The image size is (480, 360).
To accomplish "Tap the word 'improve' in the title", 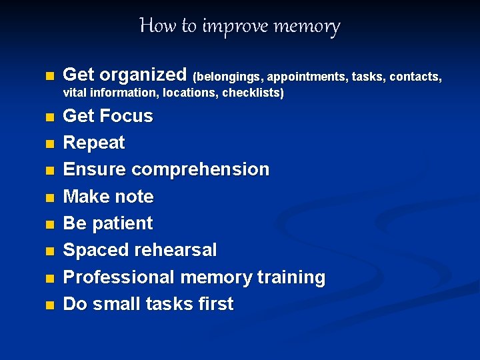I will pyautogui.click(x=229, y=27).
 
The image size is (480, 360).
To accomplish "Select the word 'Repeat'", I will pyautogui.click(x=94, y=143).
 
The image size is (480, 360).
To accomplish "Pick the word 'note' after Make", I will pyautogui.click(x=135, y=197).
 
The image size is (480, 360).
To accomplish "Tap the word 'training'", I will pyautogui.click(x=286, y=277).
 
